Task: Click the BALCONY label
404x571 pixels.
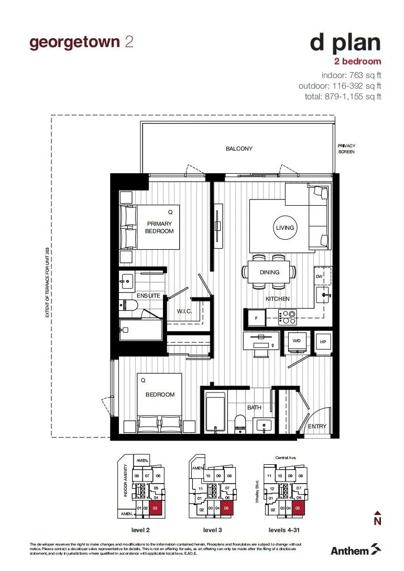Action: coord(239,149)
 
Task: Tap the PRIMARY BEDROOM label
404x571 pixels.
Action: coord(159,227)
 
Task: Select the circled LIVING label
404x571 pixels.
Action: coord(285,228)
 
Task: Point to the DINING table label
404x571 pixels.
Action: coord(269,272)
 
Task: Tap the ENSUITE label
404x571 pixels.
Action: coord(148,296)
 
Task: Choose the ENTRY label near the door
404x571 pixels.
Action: coord(316,427)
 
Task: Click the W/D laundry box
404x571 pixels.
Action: coord(297,341)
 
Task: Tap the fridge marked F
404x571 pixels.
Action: coord(256,317)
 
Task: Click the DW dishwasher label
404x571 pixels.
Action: coord(319,276)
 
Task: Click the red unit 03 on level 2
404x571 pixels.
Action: coord(154,508)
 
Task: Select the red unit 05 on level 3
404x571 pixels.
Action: coord(227,508)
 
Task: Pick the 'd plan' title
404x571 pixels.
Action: coord(345,43)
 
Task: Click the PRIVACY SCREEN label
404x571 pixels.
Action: coord(346,149)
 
